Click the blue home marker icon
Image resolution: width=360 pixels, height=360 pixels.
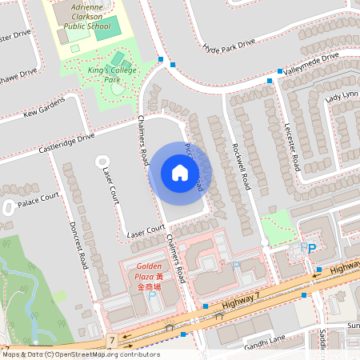pos(180,173)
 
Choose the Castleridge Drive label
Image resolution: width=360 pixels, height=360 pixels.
pos(60,145)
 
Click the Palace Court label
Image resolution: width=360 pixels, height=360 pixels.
pos(40,197)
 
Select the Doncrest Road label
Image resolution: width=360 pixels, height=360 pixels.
pos(78,244)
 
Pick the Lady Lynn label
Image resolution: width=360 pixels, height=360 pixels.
pos(342,95)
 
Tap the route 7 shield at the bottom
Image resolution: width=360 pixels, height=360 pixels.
pos(112,341)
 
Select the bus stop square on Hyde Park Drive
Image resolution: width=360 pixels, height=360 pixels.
pos(161,60)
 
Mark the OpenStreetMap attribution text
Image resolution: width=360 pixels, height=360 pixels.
pos(70,354)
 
